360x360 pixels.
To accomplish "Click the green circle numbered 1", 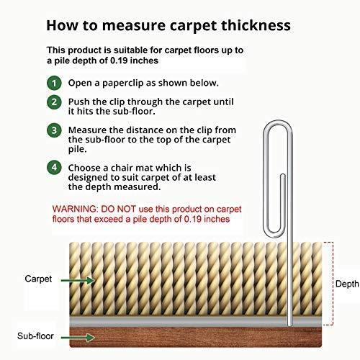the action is click(x=54, y=83).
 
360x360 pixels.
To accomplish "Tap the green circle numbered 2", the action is click(x=54, y=102).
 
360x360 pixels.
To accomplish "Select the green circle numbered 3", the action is click(x=54, y=130).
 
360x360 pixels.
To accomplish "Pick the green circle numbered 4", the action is click(x=54, y=168).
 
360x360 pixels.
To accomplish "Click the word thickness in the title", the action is click(x=256, y=25).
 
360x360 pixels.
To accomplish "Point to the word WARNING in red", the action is click(x=75, y=209).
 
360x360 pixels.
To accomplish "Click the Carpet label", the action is click(x=38, y=279).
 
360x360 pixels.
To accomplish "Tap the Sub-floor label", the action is click(x=35, y=336).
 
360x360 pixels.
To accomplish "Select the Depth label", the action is click(x=347, y=284).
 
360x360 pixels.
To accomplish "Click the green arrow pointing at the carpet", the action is click(x=78, y=280).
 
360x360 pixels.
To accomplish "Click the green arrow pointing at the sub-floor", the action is click(x=78, y=338).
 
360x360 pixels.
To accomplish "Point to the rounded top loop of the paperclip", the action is click(x=278, y=123).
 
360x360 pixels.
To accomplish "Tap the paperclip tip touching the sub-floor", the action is click(x=290, y=325).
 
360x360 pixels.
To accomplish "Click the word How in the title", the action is click(x=62, y=25).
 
